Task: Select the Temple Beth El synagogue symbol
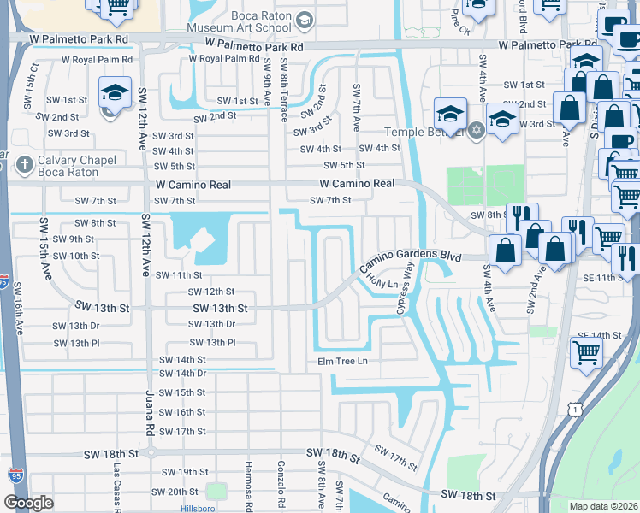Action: click(477, 131)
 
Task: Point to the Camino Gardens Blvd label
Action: click(416, 256)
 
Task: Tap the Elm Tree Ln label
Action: click(342, 361)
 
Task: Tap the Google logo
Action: click(28, 503)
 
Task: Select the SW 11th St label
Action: click(178, 275)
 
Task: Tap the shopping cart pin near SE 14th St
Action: click(586, 351)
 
